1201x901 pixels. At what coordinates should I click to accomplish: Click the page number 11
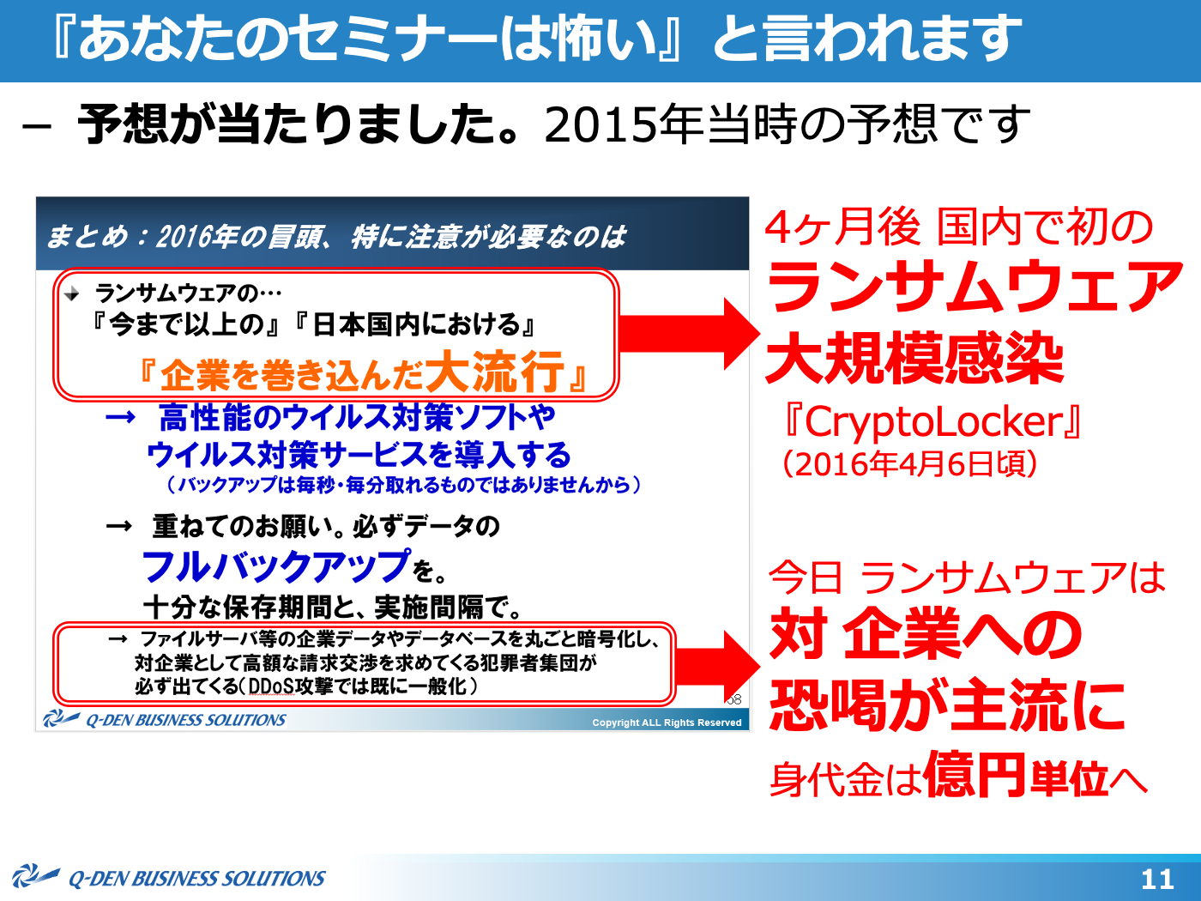click(x=1157, y=880)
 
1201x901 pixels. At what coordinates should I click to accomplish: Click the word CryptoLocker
click(x=933, y=422)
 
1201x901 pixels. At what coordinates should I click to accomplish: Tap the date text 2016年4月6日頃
click(x=910, y=464)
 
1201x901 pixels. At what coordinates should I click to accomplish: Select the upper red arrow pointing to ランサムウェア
click(x=690, y=334)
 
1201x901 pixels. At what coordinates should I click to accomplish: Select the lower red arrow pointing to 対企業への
click(x=717, y=667)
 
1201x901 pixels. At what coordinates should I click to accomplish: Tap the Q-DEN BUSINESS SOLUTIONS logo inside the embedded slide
click(x=164, y=719)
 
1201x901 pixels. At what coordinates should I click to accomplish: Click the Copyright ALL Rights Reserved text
click(x=667, y=723)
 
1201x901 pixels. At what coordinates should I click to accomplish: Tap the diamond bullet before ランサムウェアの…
click(x=72, y=295)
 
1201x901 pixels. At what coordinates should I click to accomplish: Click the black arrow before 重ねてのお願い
click(x=119, y=526)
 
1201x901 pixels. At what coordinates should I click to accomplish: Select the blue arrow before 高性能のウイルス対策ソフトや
click(x=120, y=417)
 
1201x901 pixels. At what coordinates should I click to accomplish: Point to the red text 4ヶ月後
click(x=842, y=227)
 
